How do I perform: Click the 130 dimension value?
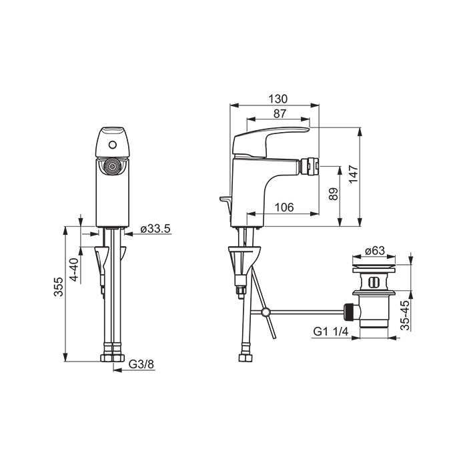tap(278, 99)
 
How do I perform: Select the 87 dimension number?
tap(280, 113)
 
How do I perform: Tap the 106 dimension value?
tap(284, 207)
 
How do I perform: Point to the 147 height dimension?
tap(353, 174)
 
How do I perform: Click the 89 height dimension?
tap(334, 194)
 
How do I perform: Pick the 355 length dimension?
tap(59, 286)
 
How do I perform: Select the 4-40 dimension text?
tap(74, 270)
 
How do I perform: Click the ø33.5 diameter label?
tap(155, 229)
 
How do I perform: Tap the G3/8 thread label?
tap(141, 364)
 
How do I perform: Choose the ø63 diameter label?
tap(374, 250)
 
